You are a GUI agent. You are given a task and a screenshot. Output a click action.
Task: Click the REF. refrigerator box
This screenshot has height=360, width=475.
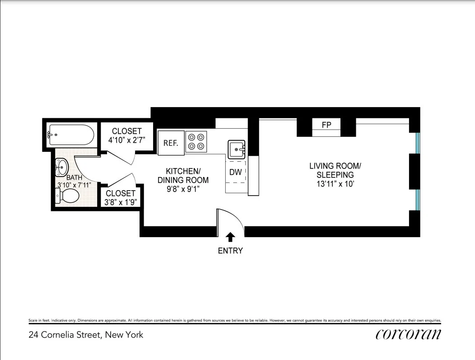171,143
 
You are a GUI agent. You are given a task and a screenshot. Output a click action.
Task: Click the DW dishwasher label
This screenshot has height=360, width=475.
236,172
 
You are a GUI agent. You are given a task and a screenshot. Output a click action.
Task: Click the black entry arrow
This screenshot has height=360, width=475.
230,237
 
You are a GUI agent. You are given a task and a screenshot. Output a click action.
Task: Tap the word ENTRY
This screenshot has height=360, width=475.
230,251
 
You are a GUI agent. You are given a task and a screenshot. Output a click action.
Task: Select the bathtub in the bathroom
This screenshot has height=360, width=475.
71,135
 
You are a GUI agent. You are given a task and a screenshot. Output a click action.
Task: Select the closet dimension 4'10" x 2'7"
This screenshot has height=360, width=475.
126,140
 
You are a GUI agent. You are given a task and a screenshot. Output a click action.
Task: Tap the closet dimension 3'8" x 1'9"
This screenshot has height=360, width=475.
121,202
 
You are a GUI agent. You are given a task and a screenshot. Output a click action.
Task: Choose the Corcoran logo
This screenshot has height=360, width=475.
408,334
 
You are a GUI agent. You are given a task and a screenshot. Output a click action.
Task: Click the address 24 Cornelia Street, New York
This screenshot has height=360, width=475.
86,335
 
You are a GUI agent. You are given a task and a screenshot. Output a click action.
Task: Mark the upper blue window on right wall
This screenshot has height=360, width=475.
418,143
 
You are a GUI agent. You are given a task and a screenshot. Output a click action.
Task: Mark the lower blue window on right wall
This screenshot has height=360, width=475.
418,200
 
